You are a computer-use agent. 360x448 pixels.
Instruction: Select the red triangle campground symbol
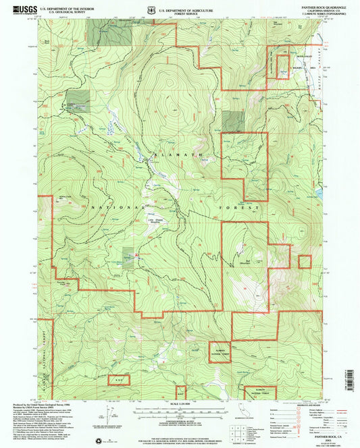[x=136, y=255]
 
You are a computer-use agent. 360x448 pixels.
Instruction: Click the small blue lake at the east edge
[x=317, y=194]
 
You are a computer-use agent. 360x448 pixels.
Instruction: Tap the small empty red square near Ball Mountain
[x=305, y=262]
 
